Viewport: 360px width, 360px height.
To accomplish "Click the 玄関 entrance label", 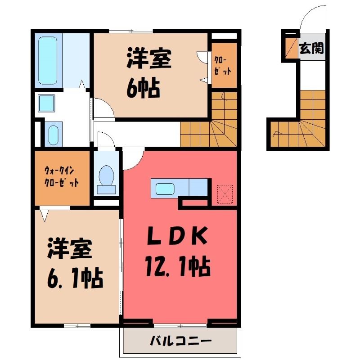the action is click(311, 48).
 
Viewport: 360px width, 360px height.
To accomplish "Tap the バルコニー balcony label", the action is click(180, 341).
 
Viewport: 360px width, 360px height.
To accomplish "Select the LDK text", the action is click(177, 235).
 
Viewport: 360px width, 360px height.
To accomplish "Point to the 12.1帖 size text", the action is click(178, 266).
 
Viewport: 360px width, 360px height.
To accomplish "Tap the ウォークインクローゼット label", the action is click(61, 177).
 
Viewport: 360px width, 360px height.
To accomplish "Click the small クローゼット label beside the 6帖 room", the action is click(222, 66).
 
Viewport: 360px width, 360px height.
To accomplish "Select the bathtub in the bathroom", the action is click(48, 60).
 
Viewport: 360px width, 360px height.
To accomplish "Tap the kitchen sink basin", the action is click(165, 189).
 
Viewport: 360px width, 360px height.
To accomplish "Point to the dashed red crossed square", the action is click(225, 194).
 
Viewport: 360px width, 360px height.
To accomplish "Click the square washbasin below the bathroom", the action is click(46, 103).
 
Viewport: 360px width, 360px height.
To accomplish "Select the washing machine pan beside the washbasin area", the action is click(54, 134).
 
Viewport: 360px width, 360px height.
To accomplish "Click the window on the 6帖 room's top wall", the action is click(131, 31).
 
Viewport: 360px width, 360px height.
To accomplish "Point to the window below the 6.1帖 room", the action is click(77, 325).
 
